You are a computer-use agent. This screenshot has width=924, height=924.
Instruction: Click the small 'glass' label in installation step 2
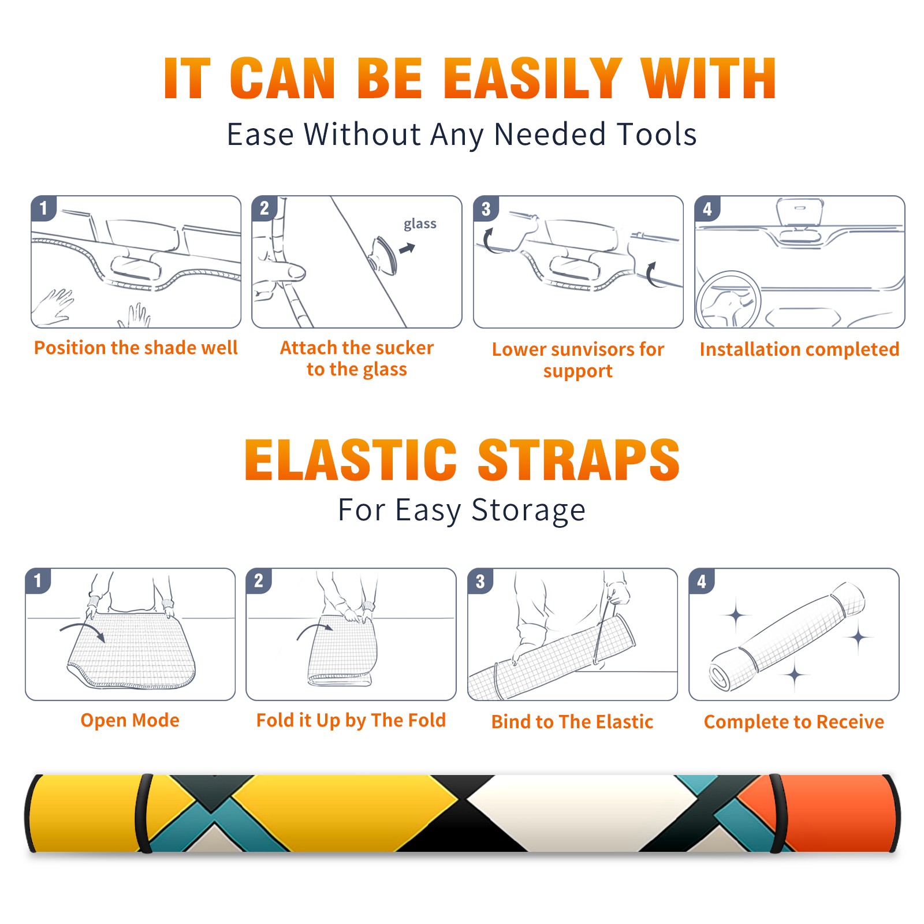(420, 224)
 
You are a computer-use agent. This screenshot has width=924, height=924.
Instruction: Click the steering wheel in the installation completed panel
(728, 299)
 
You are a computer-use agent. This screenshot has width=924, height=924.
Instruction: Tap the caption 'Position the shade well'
(136, 348)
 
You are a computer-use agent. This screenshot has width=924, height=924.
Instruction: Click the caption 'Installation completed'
(799, 349)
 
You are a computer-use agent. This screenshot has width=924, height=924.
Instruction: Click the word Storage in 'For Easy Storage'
(528, 511)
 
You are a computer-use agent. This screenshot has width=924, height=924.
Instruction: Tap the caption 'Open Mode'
(130, 720)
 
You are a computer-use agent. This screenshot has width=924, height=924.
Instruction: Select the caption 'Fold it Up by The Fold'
(351, 720)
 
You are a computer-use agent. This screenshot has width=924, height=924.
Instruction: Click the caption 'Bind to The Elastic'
(572, 722)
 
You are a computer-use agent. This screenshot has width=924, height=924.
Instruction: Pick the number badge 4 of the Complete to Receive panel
(702, 581)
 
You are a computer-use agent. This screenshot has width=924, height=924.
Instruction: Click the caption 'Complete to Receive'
(794, 722)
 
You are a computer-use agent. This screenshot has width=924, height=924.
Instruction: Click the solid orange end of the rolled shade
(837, 813)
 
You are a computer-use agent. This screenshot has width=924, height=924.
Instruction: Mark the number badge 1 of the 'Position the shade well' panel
(43, 208)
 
